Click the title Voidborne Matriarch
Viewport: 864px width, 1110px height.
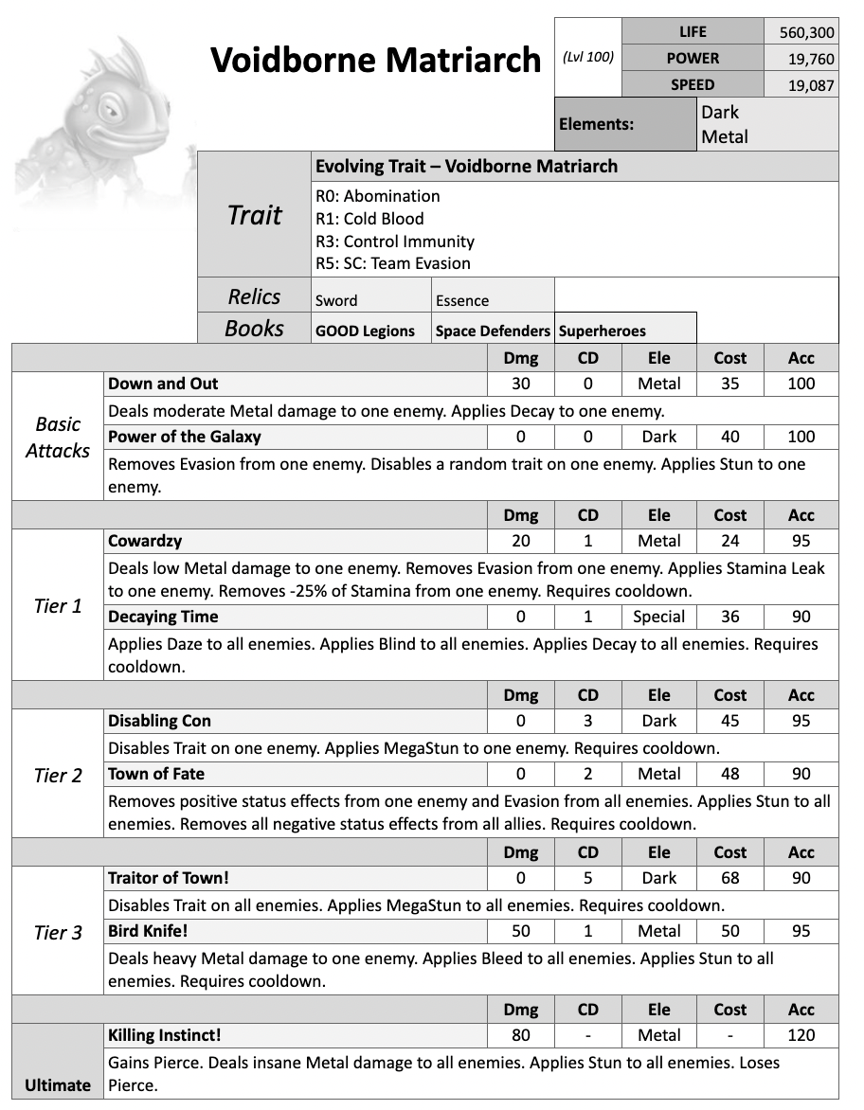(x=375, y=60)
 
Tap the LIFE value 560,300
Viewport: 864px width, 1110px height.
(x=806, y=32)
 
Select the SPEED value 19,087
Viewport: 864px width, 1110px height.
(x=806, y=85)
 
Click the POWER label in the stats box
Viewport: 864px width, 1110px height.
(x=693, y=58)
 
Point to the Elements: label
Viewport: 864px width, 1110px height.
(x=597, y=124)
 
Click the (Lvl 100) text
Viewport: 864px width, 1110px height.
(x=588, y=57)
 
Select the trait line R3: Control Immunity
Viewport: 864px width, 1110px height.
(x=395, y=241)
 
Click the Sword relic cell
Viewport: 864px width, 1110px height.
(x=336, y=301)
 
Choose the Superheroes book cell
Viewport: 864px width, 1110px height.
(x=603, y=331)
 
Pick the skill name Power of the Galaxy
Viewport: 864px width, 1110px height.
(x=185, y=437)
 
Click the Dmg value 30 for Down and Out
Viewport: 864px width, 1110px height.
(x=520, y=384)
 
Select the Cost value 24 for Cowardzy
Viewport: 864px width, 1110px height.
(x=729, y=541)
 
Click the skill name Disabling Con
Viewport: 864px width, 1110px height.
(x=159, y=721)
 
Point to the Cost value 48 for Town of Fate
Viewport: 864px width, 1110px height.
(x=729, y=774)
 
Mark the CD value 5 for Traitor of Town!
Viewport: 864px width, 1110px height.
(x=587, y=878)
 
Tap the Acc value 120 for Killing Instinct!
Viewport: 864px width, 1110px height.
(x=801, y=1035)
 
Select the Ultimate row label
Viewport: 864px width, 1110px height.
(x=58, y=1085)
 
